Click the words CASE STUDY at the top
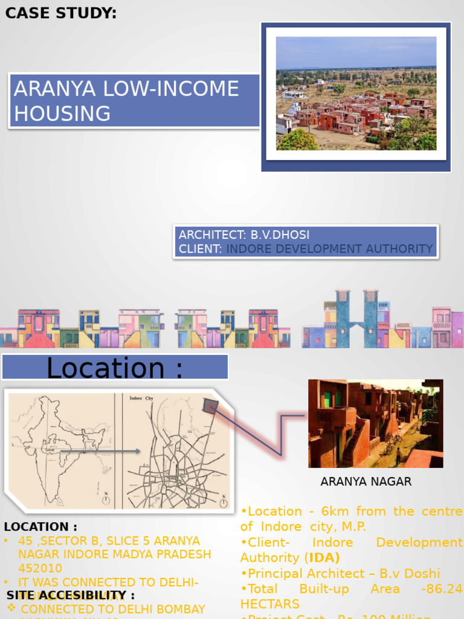point(61,13)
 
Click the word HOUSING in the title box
point(62,114)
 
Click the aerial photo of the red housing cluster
point(356,93)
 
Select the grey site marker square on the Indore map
point(211,406)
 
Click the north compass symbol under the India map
point(106,499)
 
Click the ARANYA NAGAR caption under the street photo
point(366,482)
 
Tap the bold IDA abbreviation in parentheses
point(324,557)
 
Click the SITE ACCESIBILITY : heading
point(71,596)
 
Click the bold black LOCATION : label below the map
point(40,527)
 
